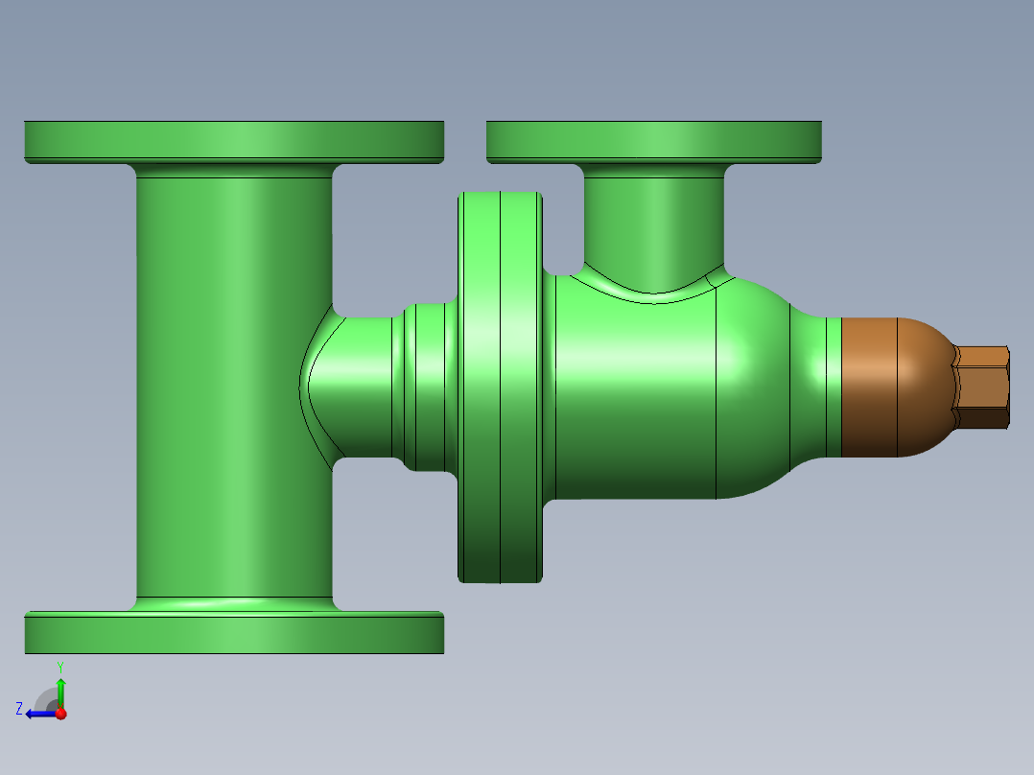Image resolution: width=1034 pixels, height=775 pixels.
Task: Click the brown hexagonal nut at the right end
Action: tap(983, 387)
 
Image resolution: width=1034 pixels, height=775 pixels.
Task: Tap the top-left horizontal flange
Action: tap(233, 140)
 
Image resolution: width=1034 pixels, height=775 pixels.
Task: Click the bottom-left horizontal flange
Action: tap(233, 633)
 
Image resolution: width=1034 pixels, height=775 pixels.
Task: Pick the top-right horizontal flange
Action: tap(653, 140)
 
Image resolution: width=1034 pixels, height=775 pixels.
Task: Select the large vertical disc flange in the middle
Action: tap(500, 387)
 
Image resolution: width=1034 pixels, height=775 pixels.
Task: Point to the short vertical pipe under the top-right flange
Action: tap(653, 216)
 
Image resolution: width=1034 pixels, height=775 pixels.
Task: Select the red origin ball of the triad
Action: tap(60, 714)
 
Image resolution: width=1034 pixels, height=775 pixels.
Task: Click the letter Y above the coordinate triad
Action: tap(59, 666)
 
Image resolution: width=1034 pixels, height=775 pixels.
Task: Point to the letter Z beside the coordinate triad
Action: tap(19, 708)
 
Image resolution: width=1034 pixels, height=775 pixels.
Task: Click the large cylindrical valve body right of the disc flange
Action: tap(638, 403)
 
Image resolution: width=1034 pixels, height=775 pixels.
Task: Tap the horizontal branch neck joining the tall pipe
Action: tap(360, 387)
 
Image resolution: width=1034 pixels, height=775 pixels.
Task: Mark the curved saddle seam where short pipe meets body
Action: tap(653, 298)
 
